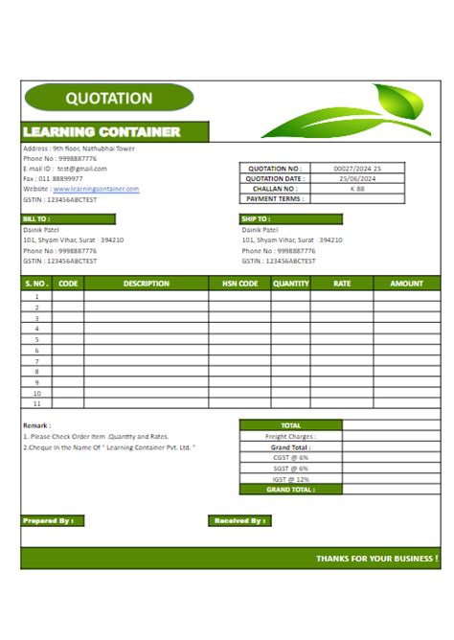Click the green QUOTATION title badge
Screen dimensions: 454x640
(x=108, y=98)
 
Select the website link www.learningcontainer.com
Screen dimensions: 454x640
(x=96, y=189)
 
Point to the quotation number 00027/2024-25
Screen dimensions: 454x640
(x=356, y=168)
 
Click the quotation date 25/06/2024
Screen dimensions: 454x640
(x=356, y=178)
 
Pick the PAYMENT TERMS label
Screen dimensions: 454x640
(x=275, y=198)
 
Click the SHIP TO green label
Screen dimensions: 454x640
(x=258, y=218)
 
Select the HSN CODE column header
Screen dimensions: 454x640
(x=240, y=284)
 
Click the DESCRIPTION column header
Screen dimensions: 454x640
(x=147, y=284)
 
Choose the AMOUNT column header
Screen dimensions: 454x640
(x=406, y=284)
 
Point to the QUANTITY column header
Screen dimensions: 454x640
(x=290, y=284)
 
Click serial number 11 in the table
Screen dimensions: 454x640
(x=36, y=403)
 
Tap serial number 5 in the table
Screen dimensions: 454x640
(x=36, y=339)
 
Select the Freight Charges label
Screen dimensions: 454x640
(x=290, y=436)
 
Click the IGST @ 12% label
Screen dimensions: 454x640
(x=290, y=478)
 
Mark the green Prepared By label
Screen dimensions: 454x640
(x=53, y=520)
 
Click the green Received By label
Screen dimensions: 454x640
(x=239, y=520)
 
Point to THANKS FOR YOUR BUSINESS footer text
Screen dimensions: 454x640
(x=376, y=558)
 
